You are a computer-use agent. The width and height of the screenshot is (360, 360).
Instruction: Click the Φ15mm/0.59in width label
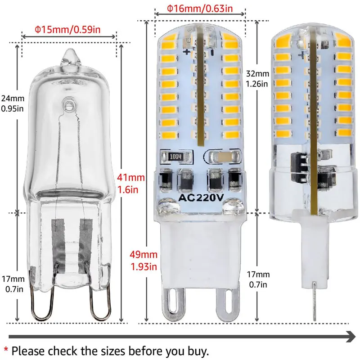point(67,30)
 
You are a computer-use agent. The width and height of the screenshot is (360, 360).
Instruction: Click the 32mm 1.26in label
point(258,78)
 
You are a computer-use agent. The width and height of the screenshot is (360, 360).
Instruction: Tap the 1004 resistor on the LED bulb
point(176,156)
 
